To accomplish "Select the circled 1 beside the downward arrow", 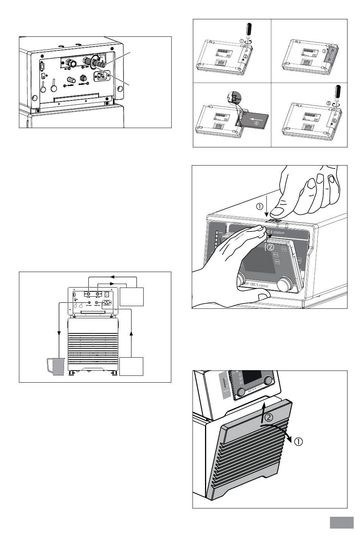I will [260, 206].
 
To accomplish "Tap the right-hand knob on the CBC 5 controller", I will [286, 283].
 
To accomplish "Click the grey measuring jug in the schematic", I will [55, 366].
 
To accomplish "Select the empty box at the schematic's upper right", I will [132, 296].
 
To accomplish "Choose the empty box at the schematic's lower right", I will [131, 366].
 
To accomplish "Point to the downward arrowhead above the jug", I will [59, 333].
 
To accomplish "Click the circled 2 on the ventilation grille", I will [268, 418].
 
